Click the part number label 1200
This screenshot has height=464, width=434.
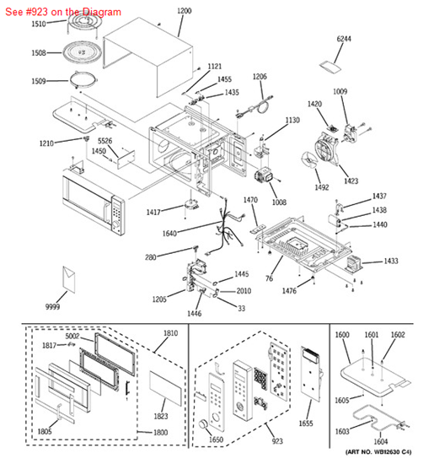click(x=185, y=11)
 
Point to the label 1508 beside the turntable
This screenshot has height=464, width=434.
click(x=39, y=53)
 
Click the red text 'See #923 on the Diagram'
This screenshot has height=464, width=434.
click(x=62, y=12)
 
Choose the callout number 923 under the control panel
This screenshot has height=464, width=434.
click(x=254, y=442)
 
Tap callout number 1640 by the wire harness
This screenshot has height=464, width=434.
click(x=194, y=233)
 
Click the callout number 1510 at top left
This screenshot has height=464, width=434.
click(x=39, y=24)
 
